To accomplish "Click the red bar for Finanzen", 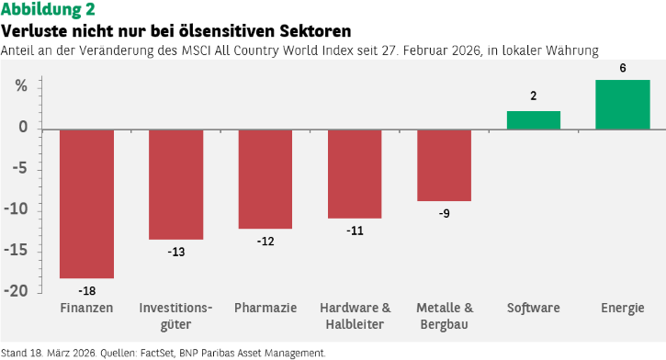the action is [86, 204].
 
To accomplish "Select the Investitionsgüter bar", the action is [175, 185].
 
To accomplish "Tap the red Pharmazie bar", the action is [265, 179].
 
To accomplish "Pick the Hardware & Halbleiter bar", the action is [355, 174].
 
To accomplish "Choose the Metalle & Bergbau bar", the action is [445, 165].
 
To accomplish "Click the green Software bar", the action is [534, 120].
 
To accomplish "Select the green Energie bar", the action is [623, 105].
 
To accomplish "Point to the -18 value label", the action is [87, 291].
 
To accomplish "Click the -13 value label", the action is [176, 252].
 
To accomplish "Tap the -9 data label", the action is [445, 213].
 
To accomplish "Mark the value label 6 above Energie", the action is [623, 68].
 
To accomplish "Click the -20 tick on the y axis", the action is [16, 291].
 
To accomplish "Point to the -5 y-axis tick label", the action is [20, 168].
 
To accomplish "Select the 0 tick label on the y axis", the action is [23, 127].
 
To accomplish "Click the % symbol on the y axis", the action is [21, 86].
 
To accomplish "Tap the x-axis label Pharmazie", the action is [265, 308].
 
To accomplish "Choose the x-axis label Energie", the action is [623, 309].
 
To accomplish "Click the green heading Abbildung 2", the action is [48, 9].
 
